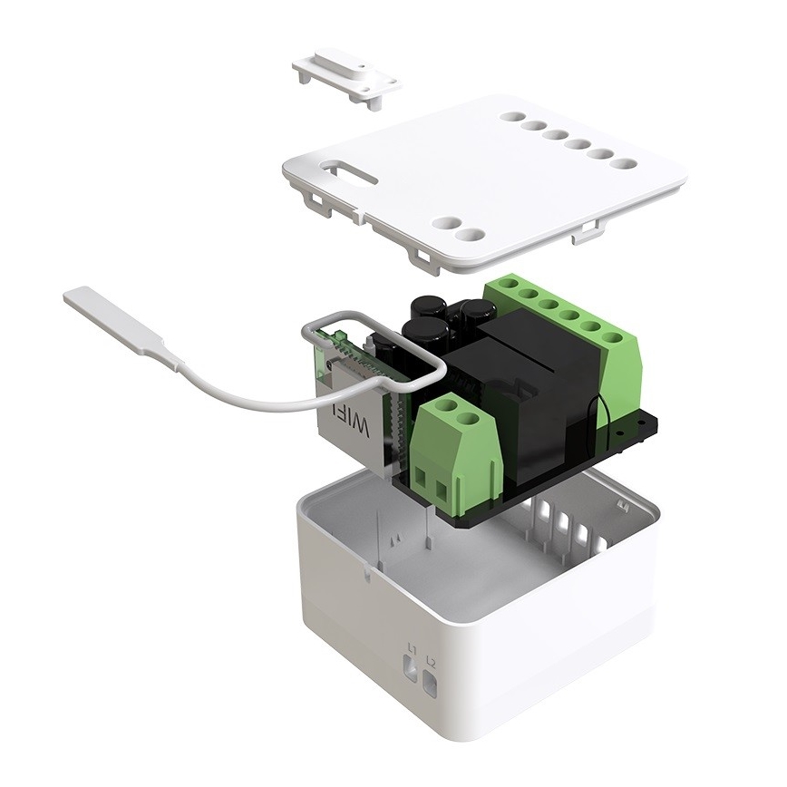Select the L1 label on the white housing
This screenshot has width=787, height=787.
click(x=412, y=648)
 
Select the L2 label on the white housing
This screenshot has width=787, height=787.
click(x=431, y=663)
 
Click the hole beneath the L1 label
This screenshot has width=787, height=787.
click(x=411, y=672)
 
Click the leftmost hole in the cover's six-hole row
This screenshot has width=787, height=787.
click(x=512, y=117)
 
